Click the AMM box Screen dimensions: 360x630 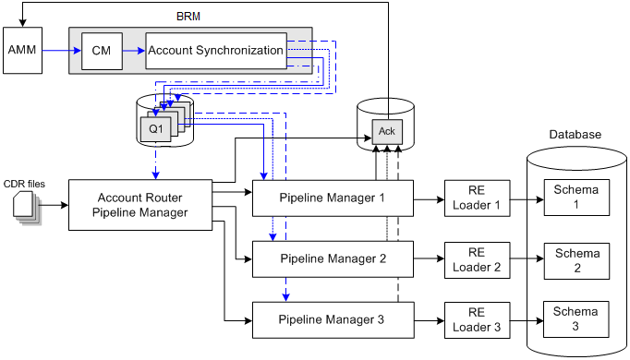pyautogui.click(x=22, y=51)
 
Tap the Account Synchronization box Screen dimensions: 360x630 pyautogui.click(x=215, y=51)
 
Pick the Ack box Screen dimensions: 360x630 pyautogui.click(x=386, y=132)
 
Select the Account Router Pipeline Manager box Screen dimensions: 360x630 pyautogui.click(x=142, y=206)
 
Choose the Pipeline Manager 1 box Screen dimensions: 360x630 pyautogui.click(x=332, y=198)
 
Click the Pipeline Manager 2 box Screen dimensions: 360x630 pyautogui.click(x=332, y=258)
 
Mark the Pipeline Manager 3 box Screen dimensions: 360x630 pyautogui.click(x=332, y=320)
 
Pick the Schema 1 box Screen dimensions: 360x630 pyautogui.click(x=575, y=198)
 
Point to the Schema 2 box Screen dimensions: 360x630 pyautogui.click(x=575, y=259)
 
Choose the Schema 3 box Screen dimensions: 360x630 pyautogui.click(x=575, y=319)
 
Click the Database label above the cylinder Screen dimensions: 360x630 pyautogui.click(x=575, y=134)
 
